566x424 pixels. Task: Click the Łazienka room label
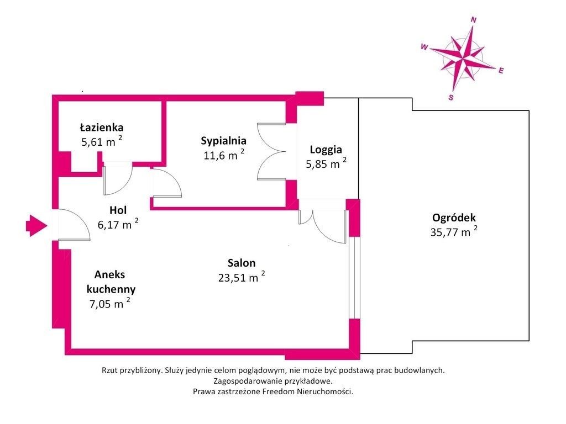coord(102,128)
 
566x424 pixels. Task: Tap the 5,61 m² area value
coord(102,141)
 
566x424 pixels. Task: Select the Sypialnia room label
coord(223,141)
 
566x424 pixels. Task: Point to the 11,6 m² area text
coord(224,155)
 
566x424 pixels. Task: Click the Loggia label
coord(326,150)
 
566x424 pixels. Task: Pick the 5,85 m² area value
coord(326,163)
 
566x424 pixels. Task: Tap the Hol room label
coord(118,210)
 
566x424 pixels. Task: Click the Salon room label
coord(242,263)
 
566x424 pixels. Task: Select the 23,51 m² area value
coord(242,277)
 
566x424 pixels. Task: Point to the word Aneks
coord(110,275)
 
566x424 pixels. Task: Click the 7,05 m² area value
coord(110,304)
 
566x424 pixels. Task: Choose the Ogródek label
coord(454,218)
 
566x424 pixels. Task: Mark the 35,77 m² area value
coord(454,232)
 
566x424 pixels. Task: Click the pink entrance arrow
coord(36,226)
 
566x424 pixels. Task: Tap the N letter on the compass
coord(474,20)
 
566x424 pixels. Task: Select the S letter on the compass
coord(451,97)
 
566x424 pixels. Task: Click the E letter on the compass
coord(501,71)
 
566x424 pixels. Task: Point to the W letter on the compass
coord(424,47)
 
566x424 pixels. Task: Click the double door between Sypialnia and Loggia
coord(271,151)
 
